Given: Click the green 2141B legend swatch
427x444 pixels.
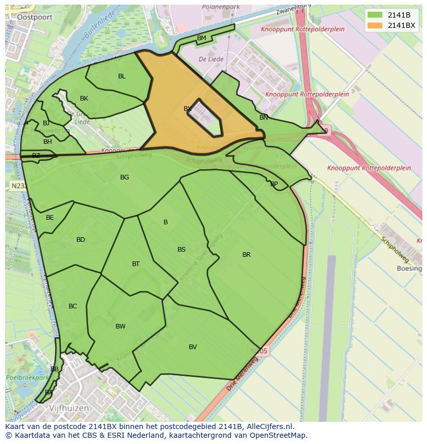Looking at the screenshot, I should click(x=375, y=15).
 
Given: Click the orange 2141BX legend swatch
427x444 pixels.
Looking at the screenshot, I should click(x=375, y=25).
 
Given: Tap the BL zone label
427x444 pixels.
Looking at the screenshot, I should click(x=122, y=76).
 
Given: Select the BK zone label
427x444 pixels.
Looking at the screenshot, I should click(x=84, y=98).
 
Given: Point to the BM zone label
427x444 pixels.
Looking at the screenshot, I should click(x=202, y=38).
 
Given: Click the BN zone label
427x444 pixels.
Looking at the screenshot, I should click(x=264, y=118).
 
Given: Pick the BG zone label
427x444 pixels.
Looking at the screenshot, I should click(x=124, y=177).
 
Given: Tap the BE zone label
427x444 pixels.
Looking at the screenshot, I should click(x=50, y=218).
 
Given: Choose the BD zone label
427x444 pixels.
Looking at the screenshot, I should click(x=80, y=240).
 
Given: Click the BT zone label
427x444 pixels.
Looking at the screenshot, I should click(x=136, y=264).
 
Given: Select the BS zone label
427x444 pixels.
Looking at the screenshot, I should click(x=182, y=250).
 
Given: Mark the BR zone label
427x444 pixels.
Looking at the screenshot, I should click(x=247, y=255).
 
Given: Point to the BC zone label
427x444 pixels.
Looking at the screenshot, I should click(x=73, y=306).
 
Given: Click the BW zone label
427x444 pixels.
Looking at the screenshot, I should click(x=121, y=326).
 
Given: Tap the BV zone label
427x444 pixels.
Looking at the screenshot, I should click(x=193, y=347).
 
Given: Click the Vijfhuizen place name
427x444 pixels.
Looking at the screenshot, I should click(x=69, y=408).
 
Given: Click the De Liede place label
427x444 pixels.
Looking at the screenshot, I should click(x=211, y=59).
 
